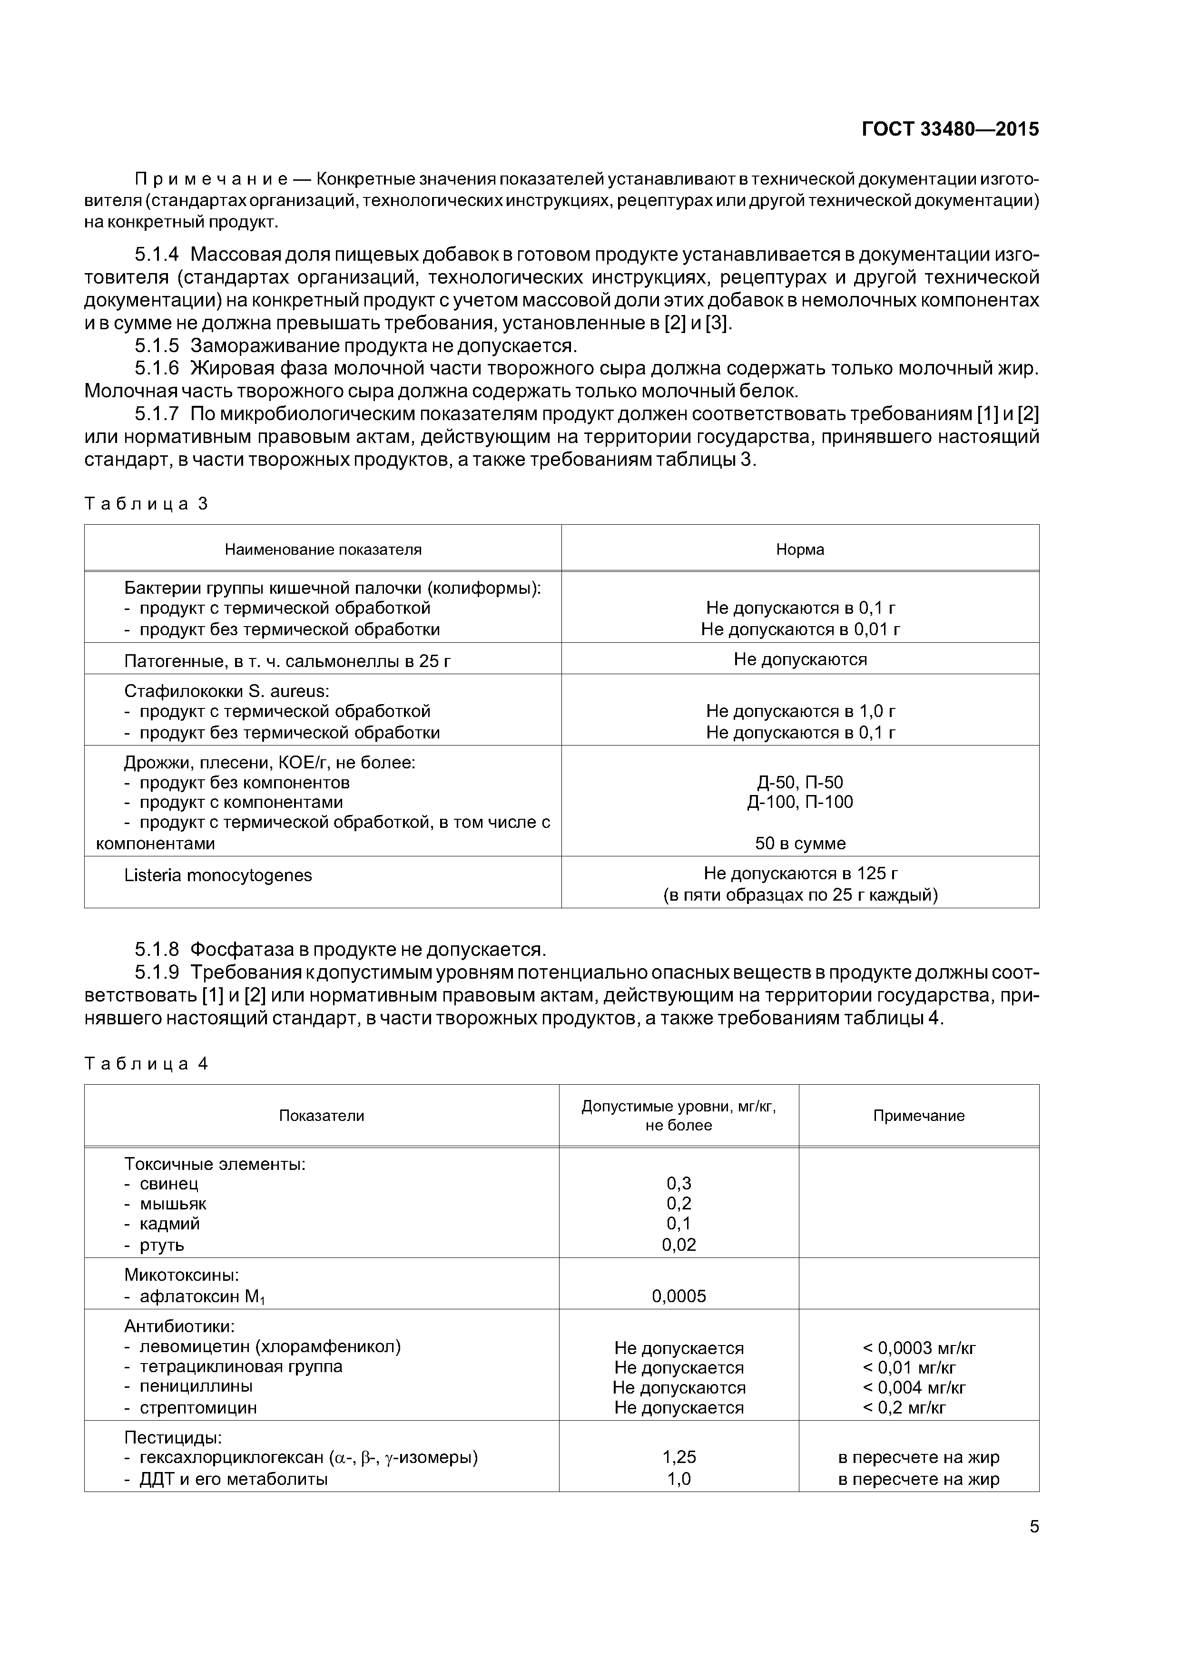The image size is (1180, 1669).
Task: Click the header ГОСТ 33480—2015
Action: tap(950, 129)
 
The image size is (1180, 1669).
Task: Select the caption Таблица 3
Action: tap(146, 504)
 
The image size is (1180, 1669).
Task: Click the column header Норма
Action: tap(800, 550)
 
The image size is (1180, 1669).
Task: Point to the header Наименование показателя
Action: tap(323, 550)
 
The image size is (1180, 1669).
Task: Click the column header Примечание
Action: tap(918, 1116)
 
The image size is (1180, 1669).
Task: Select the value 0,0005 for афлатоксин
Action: tap(678, 1296)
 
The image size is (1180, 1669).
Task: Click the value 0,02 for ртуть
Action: tap(678, 1245)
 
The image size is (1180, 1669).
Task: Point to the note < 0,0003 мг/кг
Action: tap(918, 1348)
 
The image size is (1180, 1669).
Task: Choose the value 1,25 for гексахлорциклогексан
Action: tap(678, 1457)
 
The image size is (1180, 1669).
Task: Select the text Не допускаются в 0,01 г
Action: tap(800, 629)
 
